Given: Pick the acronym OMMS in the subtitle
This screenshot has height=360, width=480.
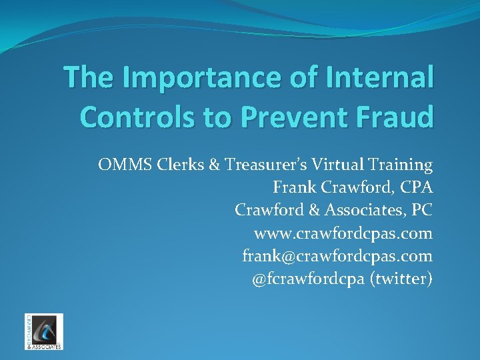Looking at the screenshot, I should click(x=120, y=164).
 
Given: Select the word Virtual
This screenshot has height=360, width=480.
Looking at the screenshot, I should click(x=331, y=164).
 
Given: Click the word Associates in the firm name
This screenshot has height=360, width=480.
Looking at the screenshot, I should click(x=364, y=210).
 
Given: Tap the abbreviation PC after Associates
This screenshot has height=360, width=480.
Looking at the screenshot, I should click(x=421, y=210).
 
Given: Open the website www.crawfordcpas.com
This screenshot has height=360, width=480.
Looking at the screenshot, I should click(x=343, y=233).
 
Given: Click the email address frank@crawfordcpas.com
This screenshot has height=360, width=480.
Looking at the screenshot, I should click(x=337, y=256).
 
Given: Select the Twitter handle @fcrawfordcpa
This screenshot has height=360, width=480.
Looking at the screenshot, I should click(x=308, y=279).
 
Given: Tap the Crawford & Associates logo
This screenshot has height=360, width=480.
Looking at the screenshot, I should click(x=44, y=331).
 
